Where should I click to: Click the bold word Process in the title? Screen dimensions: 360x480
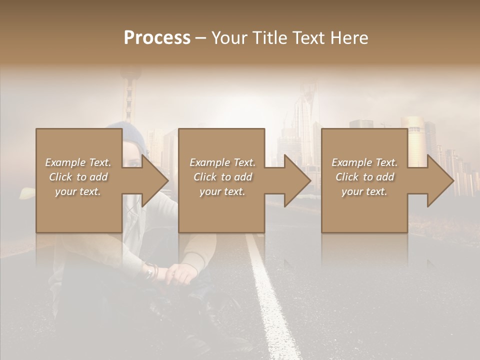pyautogui.click(x=157, y=37)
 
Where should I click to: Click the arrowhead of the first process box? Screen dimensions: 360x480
pyautogui.click(x=155, y=180)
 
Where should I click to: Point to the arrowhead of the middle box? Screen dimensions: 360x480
pyautogui.click(x=298, y=180)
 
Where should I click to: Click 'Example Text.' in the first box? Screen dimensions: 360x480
pyautogui.click(x=78, y=162)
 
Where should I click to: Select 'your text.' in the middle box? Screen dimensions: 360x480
pyautogui.click(x=222, y=191)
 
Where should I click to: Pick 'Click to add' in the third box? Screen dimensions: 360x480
pyautogui.click(x=365, y=177)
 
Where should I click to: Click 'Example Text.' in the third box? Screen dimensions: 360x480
pyautogui.click(x=364, y=162)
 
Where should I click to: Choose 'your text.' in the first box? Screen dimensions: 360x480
pyautogui.click(x=78, y=191)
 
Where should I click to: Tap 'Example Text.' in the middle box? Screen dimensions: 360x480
pyautogui.click(x=222, y=162)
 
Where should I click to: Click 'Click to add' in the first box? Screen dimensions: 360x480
pyautogui.click(x=78, y=177)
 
